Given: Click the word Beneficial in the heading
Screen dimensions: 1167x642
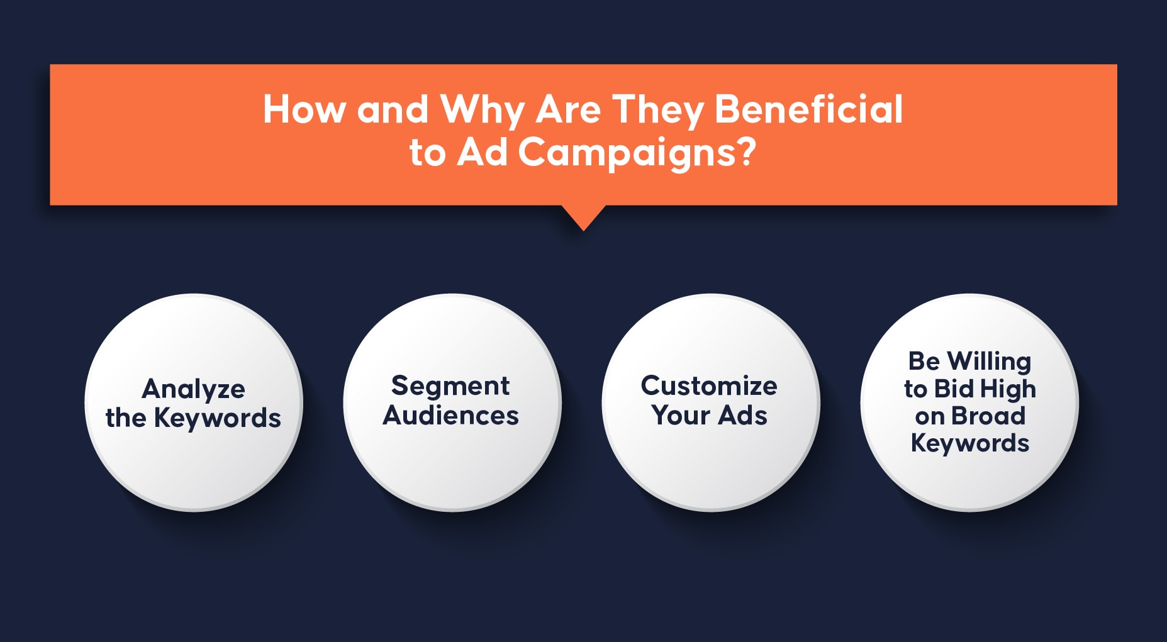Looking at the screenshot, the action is coord(809,109).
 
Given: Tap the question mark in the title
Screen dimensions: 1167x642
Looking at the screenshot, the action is coord(746,152).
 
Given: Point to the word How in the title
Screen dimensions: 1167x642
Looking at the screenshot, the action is coord(304,109).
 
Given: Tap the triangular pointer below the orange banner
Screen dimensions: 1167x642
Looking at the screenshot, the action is coord(584,218).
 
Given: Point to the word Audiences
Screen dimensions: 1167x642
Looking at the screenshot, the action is coord(451,416).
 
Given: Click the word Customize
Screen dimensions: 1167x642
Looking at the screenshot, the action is coord(709,386).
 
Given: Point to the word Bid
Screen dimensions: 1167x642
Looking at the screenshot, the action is coord(954,389).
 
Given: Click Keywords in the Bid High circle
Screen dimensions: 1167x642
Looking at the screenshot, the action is coord(970,444).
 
